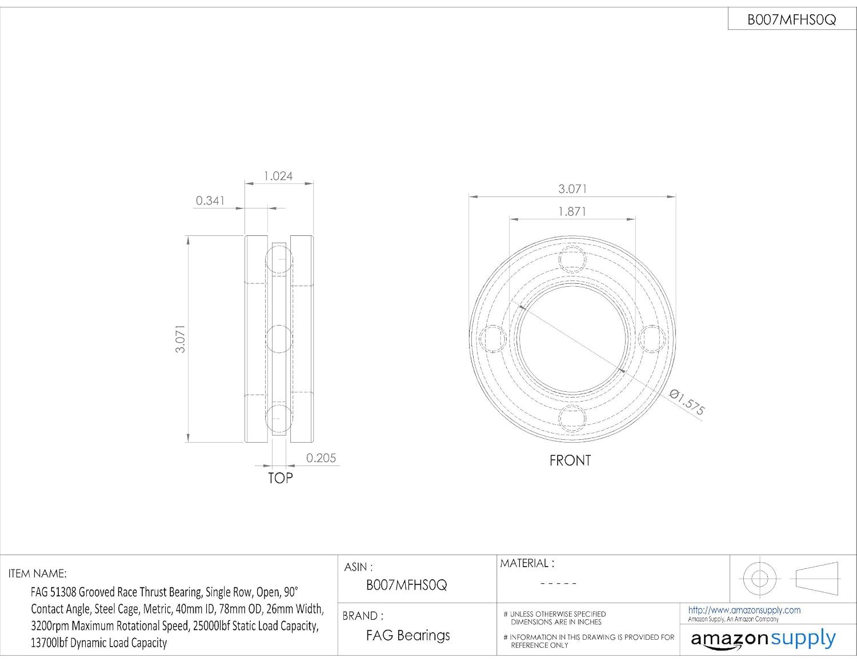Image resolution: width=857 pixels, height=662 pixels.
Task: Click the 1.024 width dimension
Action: pos(278,176)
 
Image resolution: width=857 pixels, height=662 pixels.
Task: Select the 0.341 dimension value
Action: pos(210,200)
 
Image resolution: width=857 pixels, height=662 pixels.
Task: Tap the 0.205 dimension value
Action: pos(321,458)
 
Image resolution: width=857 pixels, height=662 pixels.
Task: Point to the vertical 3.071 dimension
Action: pos(180,339)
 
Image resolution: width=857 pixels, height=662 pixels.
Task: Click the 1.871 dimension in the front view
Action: pos(572,212)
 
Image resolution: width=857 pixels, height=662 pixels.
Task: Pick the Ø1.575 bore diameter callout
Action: pos(687,403)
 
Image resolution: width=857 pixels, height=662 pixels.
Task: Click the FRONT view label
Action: pos(570,460)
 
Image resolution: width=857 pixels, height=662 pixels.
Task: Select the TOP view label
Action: pos(281,478)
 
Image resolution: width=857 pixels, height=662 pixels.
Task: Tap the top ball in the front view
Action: pos(572,260)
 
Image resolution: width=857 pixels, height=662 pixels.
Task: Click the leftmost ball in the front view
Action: pos(492,339)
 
